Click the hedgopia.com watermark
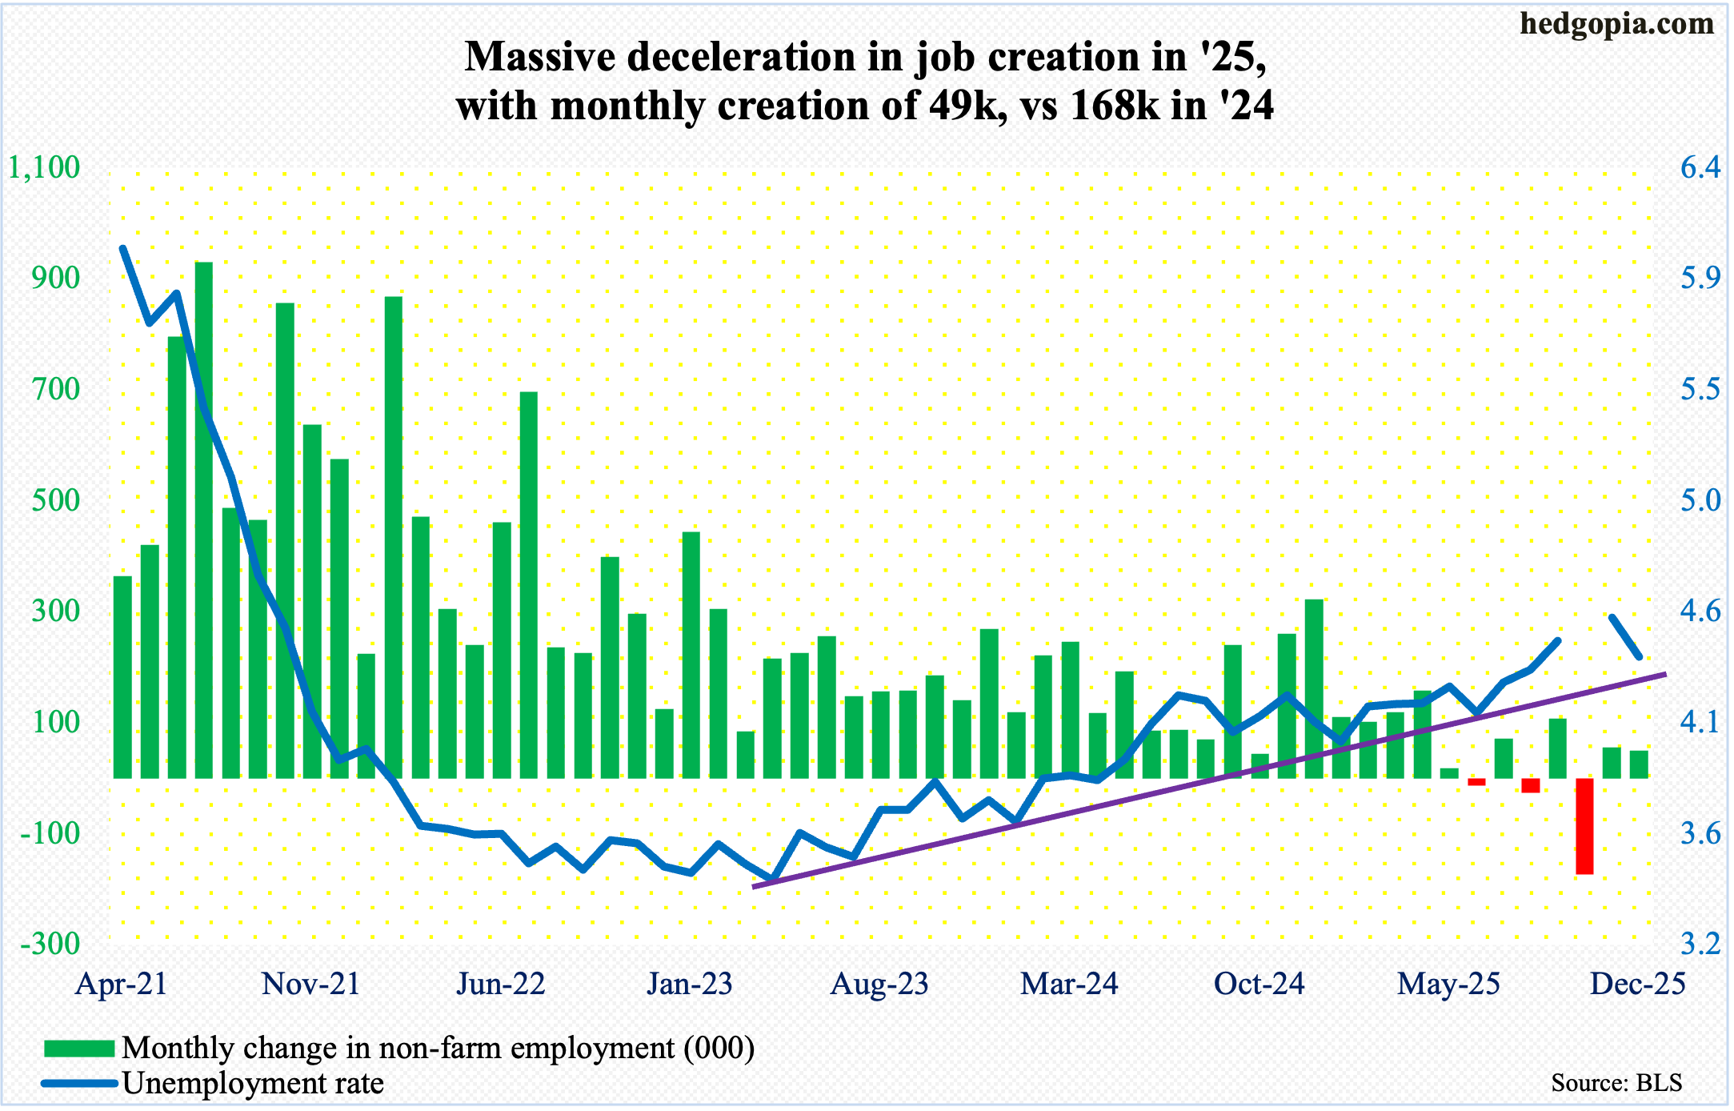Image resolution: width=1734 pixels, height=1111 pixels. (x=1616, y=24)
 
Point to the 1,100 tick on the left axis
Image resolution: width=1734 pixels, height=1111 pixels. (x=44, y=167)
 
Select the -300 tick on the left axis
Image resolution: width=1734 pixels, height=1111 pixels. (x=50, y=944)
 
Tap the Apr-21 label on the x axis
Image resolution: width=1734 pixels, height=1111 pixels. (x=121, y=984)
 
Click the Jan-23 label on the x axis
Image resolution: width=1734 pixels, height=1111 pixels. (x=690, y=984)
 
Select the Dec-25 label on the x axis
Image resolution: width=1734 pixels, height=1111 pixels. (x=1637, y=984)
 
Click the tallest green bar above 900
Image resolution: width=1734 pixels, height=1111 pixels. (x=204, y=520)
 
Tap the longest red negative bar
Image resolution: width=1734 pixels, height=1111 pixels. (x=1584, y=825)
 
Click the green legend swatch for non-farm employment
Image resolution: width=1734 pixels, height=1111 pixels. (x=79, y=1049)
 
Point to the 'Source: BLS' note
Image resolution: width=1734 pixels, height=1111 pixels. (x=1616, y=1083)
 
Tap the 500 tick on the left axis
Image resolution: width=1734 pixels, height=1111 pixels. (x=56, y=500)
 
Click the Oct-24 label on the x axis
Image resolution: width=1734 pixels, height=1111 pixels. (x=1259, y=984)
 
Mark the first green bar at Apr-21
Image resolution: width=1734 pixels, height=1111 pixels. (x=122, y=677)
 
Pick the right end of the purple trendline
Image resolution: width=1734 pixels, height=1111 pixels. (x=1664, y=675)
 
